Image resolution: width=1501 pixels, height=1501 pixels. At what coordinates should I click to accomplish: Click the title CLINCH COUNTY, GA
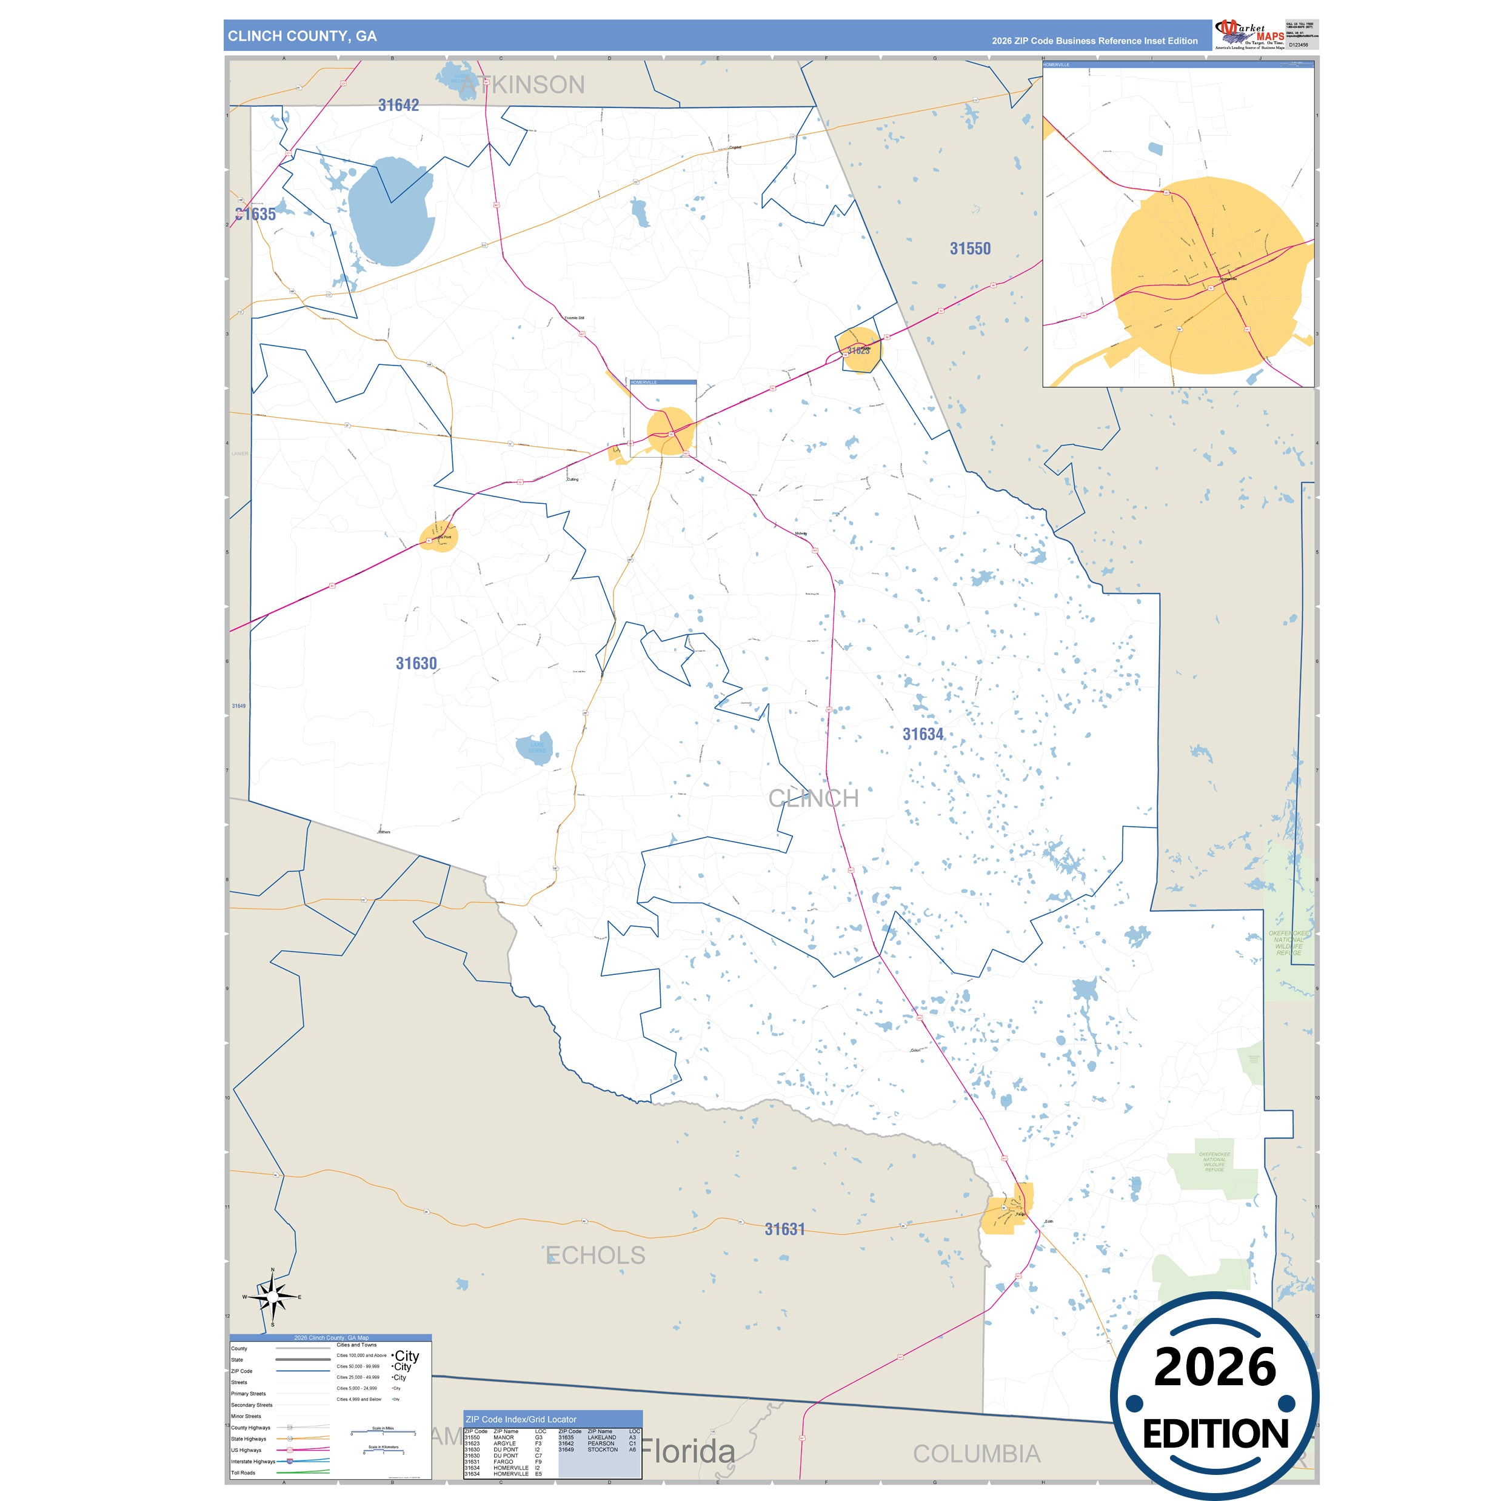click(x=303, y=36)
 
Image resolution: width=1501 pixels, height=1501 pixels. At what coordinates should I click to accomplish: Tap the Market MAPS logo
click(x=1248, y=35)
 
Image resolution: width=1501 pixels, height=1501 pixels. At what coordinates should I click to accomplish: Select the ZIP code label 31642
click(x=398, y=105)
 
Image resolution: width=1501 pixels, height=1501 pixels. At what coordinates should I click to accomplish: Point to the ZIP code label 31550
click(x=971, y=249)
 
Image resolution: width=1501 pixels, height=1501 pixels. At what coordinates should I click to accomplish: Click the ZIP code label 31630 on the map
click(x=416, y=663)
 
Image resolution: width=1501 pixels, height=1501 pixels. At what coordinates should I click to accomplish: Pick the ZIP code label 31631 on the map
click(x=784, y=1229)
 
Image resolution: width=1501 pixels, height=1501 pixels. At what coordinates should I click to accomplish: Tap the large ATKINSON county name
click(x=522, y=85)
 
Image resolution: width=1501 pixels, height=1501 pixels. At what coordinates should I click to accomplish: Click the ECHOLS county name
click(x=596, y=1255)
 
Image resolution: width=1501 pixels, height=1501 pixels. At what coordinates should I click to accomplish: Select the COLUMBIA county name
click(x=976, y=1454)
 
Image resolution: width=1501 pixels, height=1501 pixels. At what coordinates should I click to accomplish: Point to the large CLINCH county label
click(x=814, y=798)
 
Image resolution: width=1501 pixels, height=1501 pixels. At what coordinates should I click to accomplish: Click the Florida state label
click(x=687, y=1451)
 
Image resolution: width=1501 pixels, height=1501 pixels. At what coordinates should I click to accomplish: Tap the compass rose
click(x=273, y=1297)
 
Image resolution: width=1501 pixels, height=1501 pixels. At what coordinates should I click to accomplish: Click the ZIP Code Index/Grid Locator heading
click(x=521, y=1419)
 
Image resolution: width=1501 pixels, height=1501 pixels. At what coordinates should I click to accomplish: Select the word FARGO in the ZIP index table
click(x=503, y=1462)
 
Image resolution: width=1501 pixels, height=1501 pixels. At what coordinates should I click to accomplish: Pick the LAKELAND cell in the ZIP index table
click(x=601, y=1437)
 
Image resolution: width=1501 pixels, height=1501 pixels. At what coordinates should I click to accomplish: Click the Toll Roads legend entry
click(x=243, y=1473)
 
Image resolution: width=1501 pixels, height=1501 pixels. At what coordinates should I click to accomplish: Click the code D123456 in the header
click(x=1299, y=45)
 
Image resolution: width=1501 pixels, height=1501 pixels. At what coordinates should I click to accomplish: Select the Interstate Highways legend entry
click(x=253, y=1462)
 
